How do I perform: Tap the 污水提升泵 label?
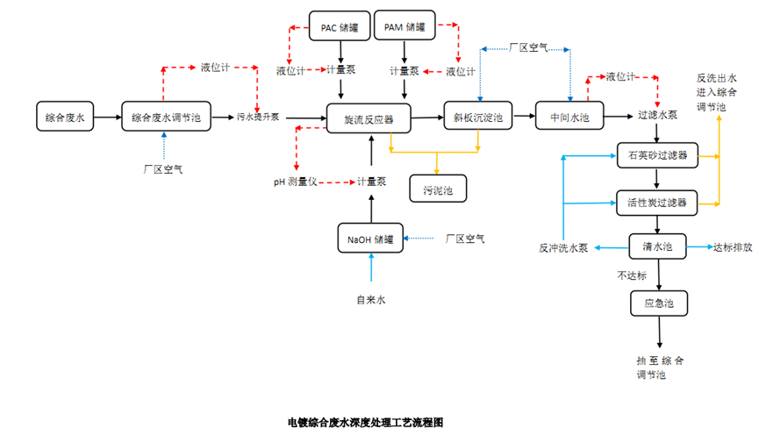coord(258,117)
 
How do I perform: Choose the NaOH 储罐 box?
coord(370,238)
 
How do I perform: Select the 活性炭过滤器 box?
coord(657,203)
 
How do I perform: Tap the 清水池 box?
coord(657,247)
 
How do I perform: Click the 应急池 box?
coord(658,303)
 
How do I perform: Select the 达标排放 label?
coord(733,248)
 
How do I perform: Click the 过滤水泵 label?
coord(657,116)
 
